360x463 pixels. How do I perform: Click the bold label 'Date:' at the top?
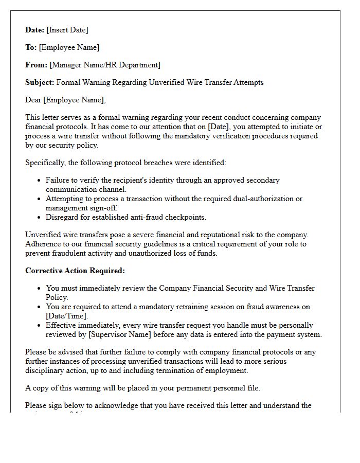pos(35,30)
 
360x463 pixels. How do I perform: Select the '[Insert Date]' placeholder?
pos(67,30)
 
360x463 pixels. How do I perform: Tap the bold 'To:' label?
pos(31,47)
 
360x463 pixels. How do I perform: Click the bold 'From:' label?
pos(36,65)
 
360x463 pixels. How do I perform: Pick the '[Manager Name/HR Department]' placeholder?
pos(105,65)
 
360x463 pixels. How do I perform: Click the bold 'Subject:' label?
pos(40,82)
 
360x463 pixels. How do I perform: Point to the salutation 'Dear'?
pos(33,100)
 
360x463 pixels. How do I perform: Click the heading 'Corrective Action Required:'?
pos(75,271)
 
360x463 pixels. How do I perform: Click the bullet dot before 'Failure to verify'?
pos(40,181)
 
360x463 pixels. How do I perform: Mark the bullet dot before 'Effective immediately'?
pos(40,326)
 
